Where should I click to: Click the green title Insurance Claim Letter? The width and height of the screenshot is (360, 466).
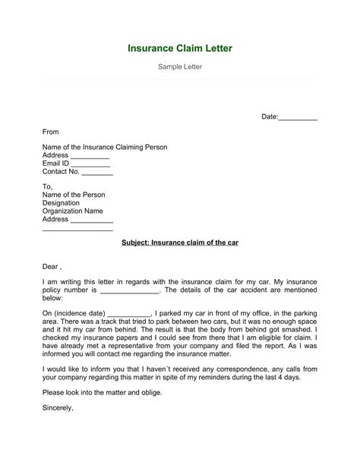click(179, 49)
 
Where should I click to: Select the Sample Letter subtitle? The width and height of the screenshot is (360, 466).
click(179, 68)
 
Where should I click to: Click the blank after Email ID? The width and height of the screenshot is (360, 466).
click(90, 164)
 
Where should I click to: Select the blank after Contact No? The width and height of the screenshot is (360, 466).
click(96, 173)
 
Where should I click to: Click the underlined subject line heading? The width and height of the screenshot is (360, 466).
click(180, 243)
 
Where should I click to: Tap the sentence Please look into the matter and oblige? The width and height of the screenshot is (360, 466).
click(102, 392)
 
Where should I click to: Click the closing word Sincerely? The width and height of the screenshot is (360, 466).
click(57, 407)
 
